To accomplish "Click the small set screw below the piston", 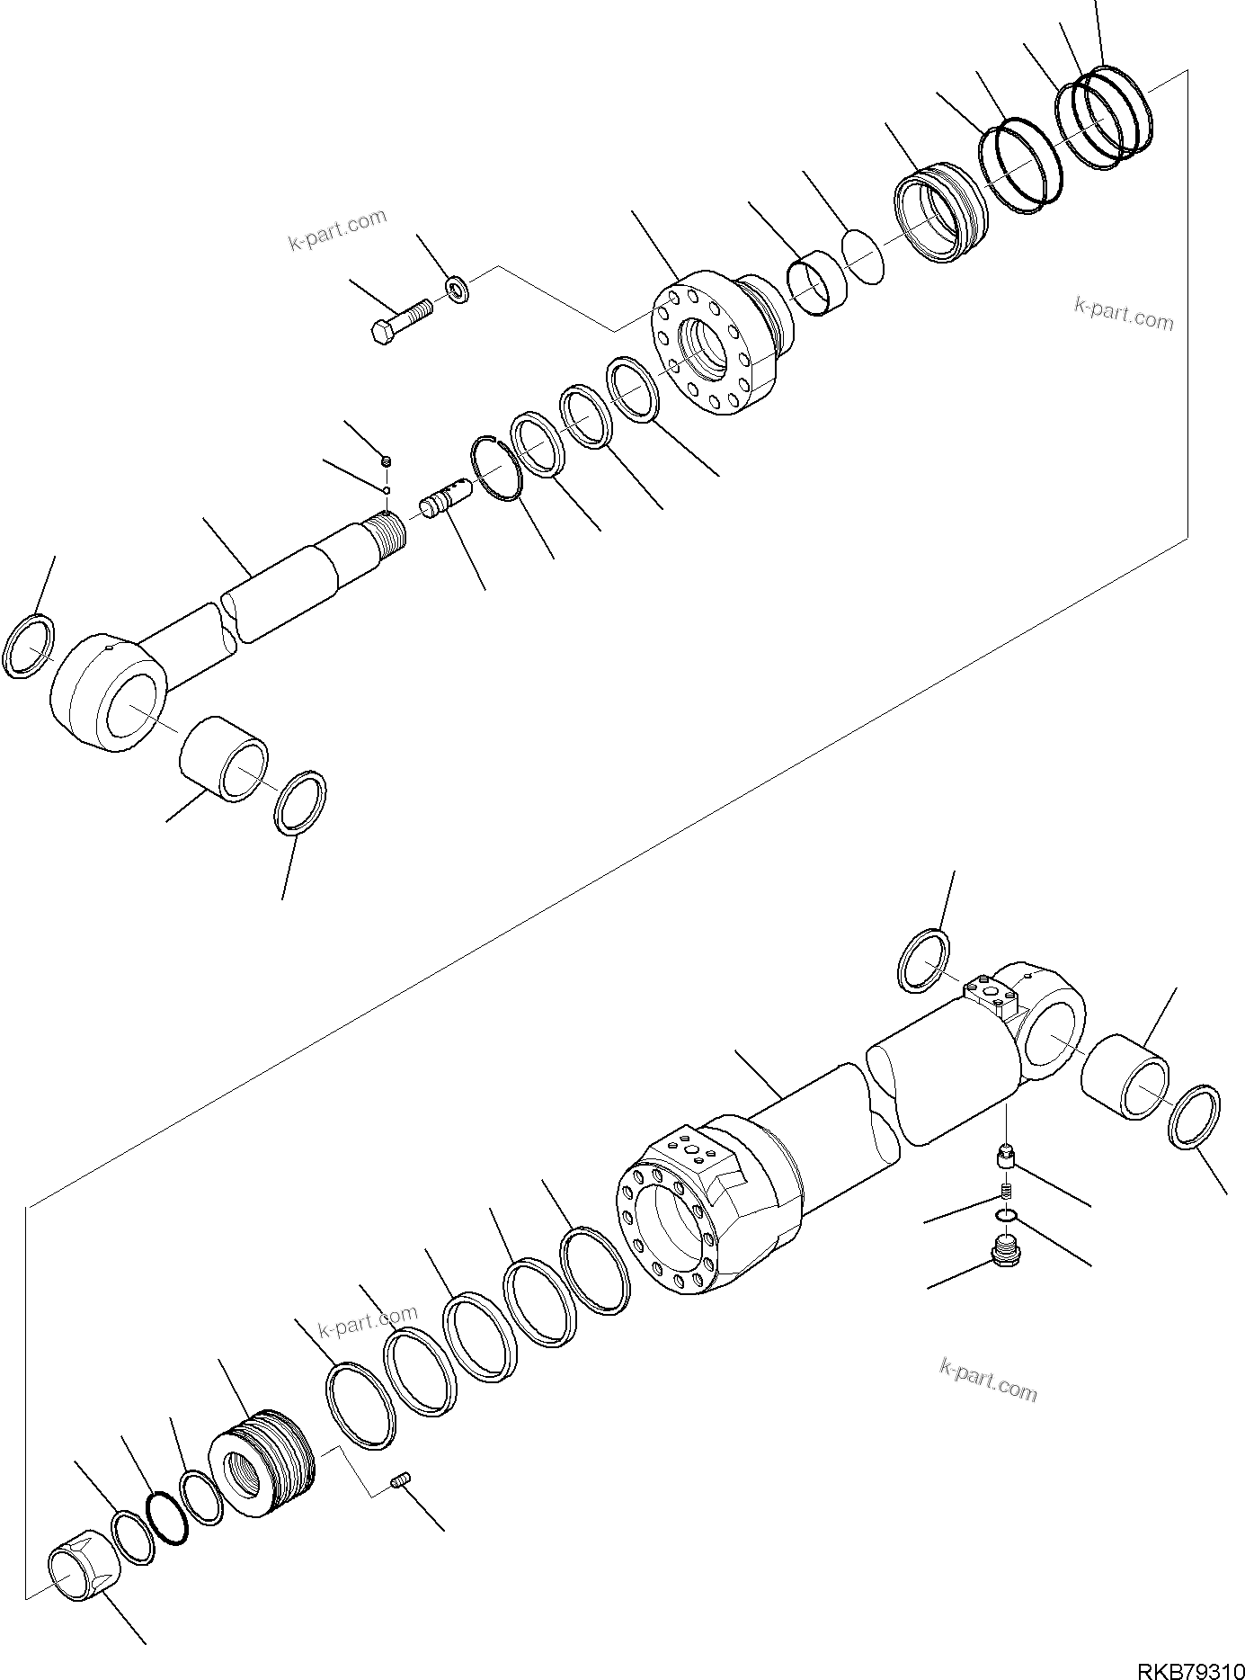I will click(x=402, y=1479).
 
